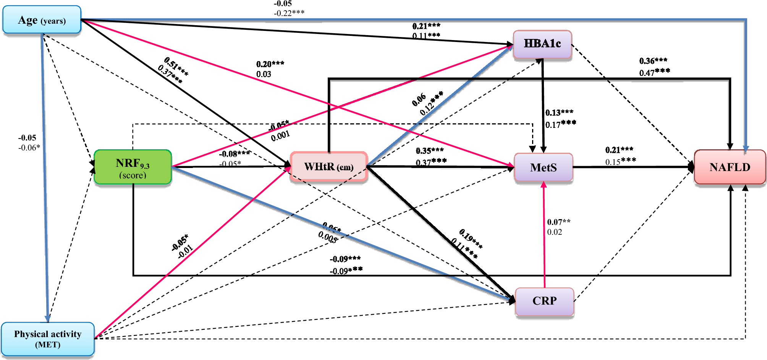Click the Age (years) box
click(x=42, y=20)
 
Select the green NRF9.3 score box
click(x=133, y=167)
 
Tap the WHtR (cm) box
click(x=328, y=166)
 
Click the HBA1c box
click(x=542, y=44)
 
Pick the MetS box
click(x=543, y=167)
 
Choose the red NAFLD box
click(x=730, y=167)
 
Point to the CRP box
click(x=544, y=301)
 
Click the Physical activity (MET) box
click(x=48, y=339)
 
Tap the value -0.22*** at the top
click(x=289, y=13)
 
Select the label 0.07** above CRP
click(x=558, y=222)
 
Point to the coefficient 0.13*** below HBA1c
click(x=559, y=113)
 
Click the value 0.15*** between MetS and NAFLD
click(x=620, y=161)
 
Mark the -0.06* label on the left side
click(x=29, y=147)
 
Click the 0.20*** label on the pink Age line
click(x=270, y=64)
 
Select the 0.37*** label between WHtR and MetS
click(x=431, y=162)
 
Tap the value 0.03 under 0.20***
click(x=264, y=74)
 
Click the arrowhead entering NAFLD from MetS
click(x=691, y=167)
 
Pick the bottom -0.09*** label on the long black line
click(x=346, y=271)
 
